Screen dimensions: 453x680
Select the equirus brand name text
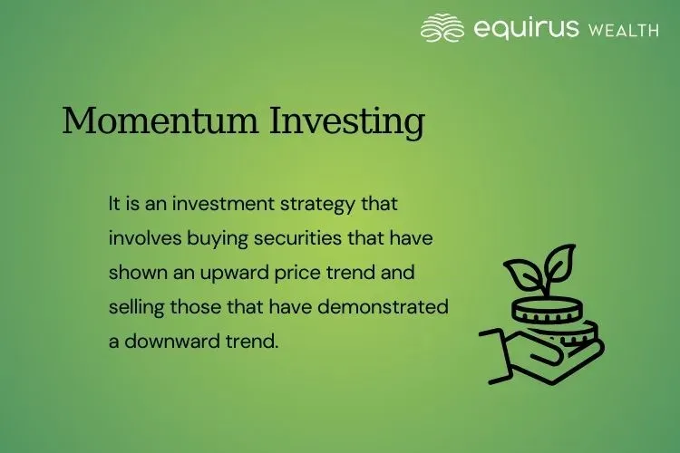pyautogui.click(x=526, y=29)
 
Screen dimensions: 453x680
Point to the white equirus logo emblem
pyautogui.click(x=442, y=28)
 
